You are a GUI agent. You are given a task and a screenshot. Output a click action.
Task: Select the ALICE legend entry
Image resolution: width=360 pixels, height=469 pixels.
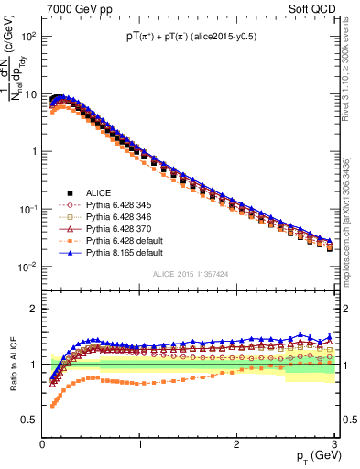coord(98,191)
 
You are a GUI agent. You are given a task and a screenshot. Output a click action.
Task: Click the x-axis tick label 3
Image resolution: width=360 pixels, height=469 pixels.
coord(333,443)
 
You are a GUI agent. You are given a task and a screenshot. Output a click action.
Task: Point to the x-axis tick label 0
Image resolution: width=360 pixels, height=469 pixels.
coord(42,443)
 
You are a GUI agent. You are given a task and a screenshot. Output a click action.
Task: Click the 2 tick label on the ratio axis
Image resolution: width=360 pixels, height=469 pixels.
coord(33,308)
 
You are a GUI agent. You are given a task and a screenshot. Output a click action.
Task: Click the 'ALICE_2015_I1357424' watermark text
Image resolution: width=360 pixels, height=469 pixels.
coord(189,274)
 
